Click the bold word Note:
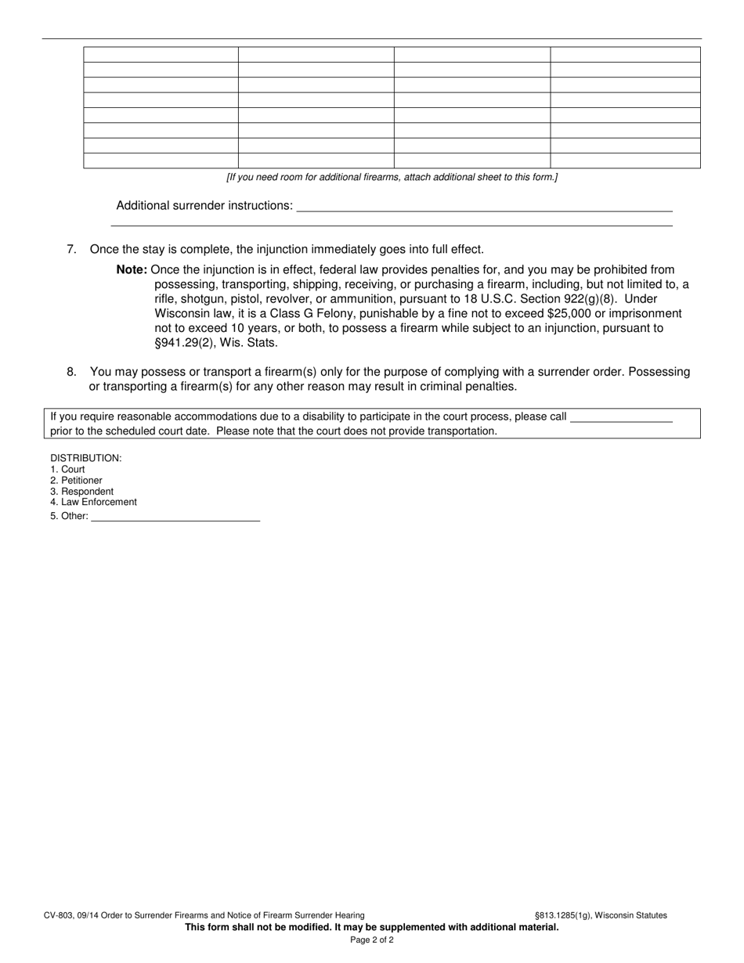[132, 270]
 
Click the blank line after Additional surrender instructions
[484, 207]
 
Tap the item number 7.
[71, 250]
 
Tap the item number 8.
[71, 372]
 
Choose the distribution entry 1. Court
[67, 470]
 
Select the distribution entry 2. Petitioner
[76, 481]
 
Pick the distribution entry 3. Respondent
[81, 492]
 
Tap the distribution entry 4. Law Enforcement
[93, 503]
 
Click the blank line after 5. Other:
[175, 517]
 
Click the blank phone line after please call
[622, 417]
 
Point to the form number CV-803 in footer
[60, 915]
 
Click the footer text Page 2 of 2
[372, 940]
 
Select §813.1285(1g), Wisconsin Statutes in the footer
[601, 915]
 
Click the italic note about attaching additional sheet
[392, 178]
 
